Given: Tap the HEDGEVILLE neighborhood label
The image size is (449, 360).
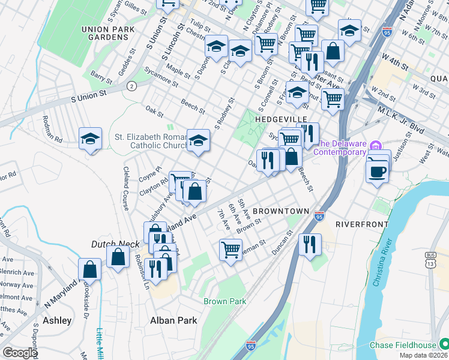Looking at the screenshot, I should [x=282, y=119].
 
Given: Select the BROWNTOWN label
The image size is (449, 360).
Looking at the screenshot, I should [x=280, y=211].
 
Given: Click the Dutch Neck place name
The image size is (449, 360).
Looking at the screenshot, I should [x=115, y=244].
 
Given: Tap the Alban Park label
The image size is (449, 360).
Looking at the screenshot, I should [x=173, y=320].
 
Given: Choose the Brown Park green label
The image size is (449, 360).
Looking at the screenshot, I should [x=224, y=301].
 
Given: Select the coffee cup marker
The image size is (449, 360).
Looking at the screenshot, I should [x=376, y=172].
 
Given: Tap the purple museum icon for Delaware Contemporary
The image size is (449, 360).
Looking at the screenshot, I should [x=376, y=145].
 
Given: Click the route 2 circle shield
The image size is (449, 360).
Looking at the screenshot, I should [x=131, y=86].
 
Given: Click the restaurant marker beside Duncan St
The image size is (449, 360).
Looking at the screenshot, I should [x=310, y=244].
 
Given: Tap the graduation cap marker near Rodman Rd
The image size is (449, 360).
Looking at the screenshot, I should [x=89, y=139].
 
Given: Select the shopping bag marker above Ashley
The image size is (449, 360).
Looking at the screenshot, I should [x=89, y=269].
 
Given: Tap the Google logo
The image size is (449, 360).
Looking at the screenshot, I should [x=20, y=352].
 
